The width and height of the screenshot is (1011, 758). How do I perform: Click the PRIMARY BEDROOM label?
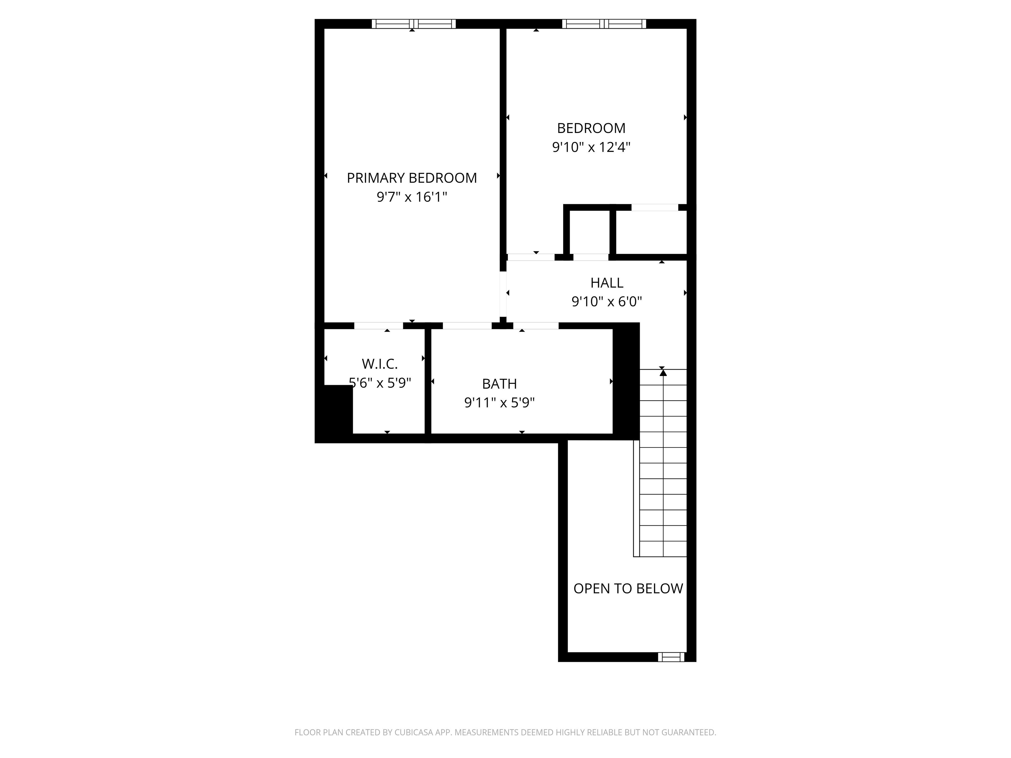click(x=411, y=178)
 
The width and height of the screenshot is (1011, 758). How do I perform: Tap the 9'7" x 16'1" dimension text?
click(x=411, y=197)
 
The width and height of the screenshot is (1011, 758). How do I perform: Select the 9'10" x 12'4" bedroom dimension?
click(x=591, y=147)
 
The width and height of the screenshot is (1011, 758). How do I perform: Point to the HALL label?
click(x=607, y=283)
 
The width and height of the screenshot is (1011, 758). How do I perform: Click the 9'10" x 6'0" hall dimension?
click(x=607, y=302)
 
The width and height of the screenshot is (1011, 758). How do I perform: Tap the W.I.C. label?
click(x=379, y=364)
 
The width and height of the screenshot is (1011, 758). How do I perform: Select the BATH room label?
click(x=499, y=384)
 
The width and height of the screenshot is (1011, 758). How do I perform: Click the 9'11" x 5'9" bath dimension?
click(x=499, y=403)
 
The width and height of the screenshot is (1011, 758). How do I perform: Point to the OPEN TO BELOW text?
click(x=628, y=589)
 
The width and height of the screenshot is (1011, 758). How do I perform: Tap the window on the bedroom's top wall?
click(x=604, y=24)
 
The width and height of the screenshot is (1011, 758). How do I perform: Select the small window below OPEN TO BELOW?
click(x=671, y=657)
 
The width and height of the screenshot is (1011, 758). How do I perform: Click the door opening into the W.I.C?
click(x=378, y=326)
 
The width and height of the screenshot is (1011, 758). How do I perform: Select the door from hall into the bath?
click(x=536, y=326)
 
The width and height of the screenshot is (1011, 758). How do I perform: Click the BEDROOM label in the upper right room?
click(x=591, y=128)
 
